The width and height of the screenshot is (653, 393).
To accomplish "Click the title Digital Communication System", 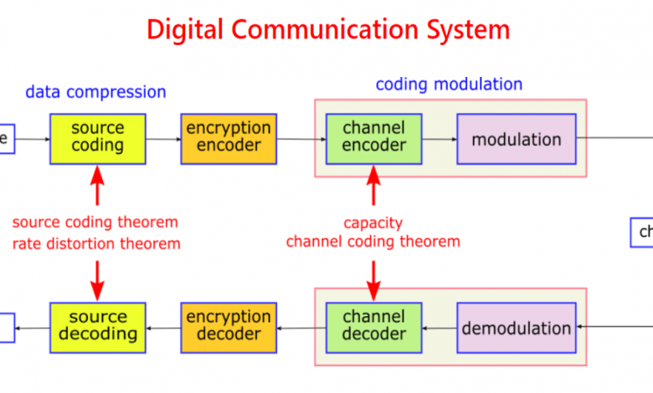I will [x=327, y=29].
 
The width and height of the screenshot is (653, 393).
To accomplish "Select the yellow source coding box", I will [x=97, y=138].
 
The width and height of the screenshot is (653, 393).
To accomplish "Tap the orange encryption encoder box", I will [x=228, y=138].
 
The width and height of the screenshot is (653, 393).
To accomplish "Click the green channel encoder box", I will [x=373, y=138].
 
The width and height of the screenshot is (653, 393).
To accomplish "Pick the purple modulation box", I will [x=516, y=139].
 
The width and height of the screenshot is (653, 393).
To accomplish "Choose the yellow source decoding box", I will [x=97, y=326].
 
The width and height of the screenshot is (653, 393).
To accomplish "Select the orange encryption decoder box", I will [x=228, y=326].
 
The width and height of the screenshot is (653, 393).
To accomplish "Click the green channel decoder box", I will [x=373, y=326].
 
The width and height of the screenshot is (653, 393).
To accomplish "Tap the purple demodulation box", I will [x=516, y=328].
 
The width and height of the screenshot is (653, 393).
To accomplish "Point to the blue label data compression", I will [x=95, y=92].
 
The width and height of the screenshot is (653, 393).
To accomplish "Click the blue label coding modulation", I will [x=449, y=84].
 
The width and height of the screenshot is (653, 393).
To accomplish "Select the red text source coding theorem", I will [x=95, y=222].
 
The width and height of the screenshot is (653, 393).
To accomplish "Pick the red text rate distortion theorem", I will [x=96, y=244].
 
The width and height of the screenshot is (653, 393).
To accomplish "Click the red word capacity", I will [x=373, y=223].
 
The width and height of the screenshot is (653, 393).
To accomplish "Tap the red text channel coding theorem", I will [x=373, y=242].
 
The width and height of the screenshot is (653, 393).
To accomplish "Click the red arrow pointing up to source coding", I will [x=97, y=185].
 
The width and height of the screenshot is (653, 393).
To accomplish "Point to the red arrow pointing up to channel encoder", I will [x=373, y=185].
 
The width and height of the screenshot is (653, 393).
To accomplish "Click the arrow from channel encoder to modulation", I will [x=440, y=139].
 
